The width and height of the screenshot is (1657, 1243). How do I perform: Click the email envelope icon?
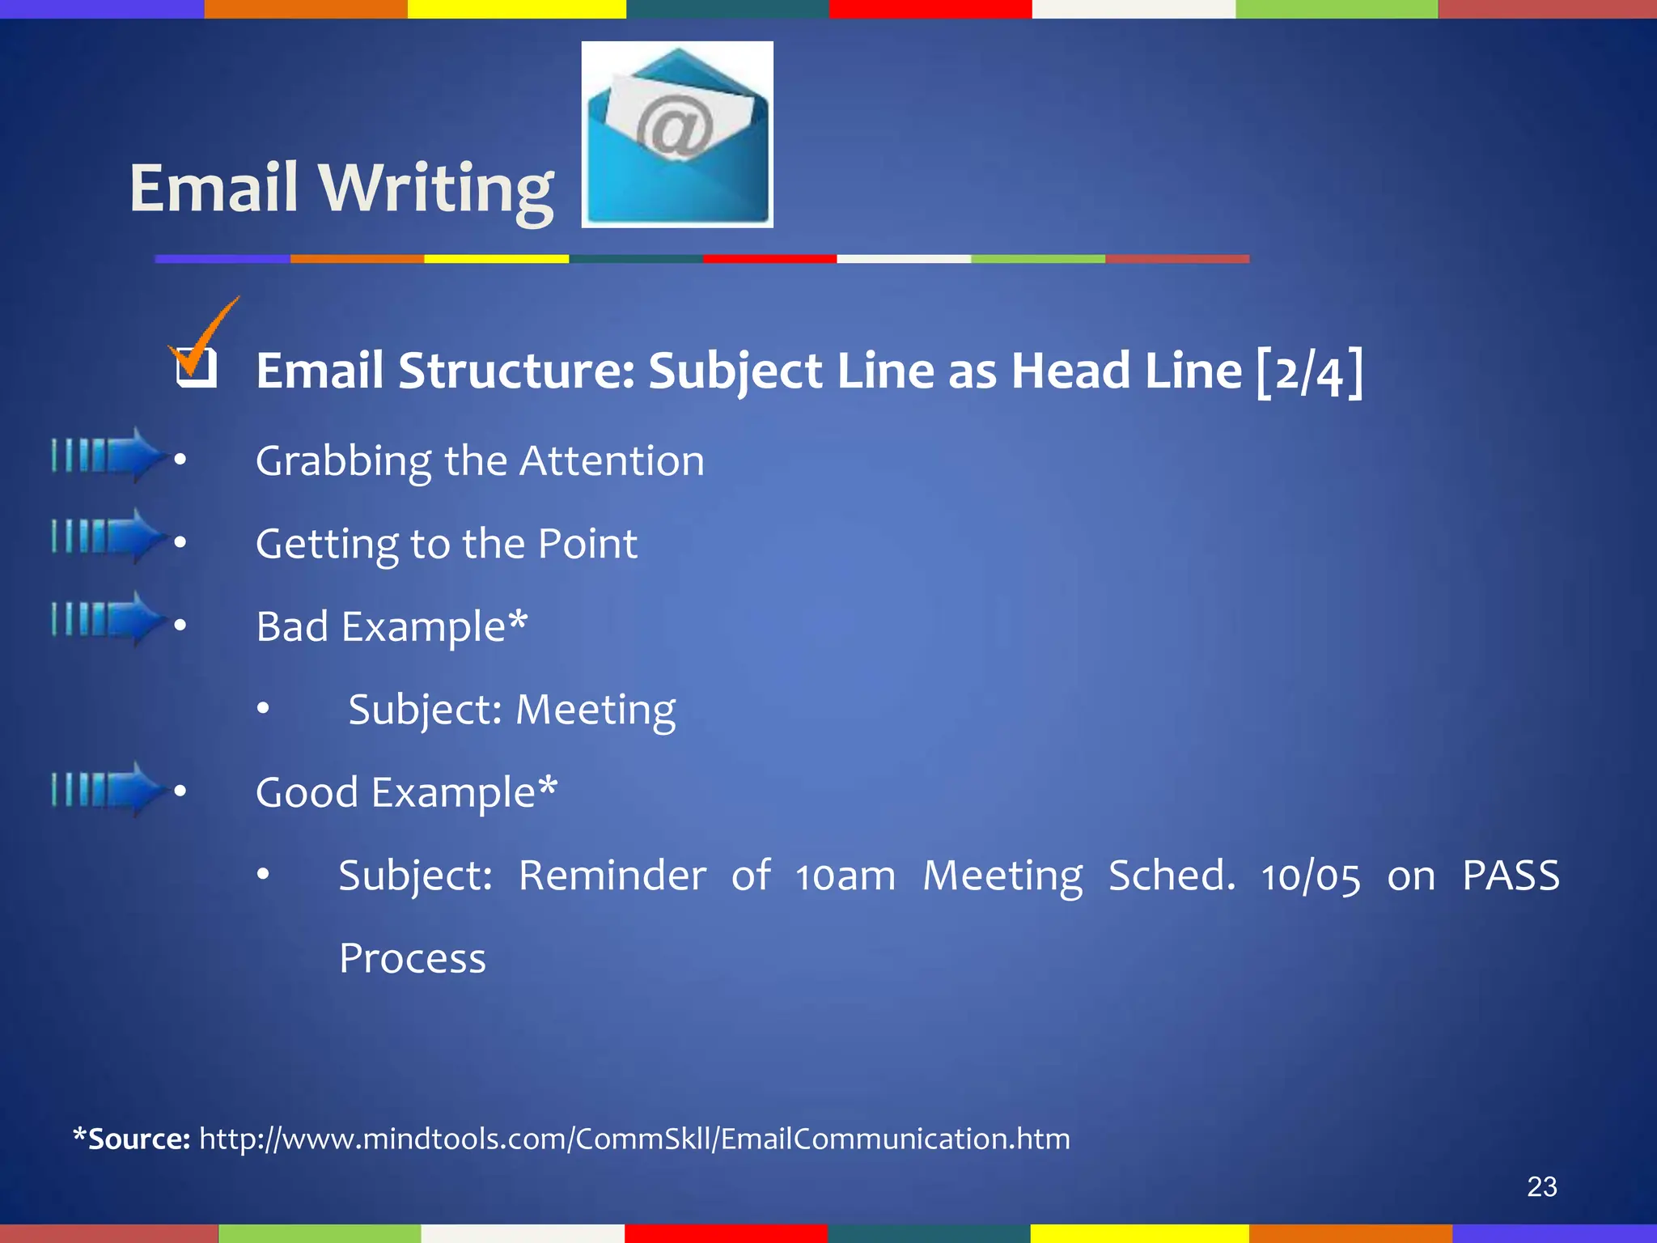[x=677, y=134]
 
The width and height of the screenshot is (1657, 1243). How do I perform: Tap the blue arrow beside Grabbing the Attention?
[x=109, y=455]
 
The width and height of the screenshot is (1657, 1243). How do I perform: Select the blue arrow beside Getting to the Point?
[x=109, y=536]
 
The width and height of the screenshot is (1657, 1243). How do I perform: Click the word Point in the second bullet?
[x=588, y=544]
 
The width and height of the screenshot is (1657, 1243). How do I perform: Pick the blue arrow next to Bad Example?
[x=109, y=619]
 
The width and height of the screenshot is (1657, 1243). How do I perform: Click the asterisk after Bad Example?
[x=518, y=621]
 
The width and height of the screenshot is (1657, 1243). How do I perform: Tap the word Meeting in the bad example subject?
[x=595, y=711]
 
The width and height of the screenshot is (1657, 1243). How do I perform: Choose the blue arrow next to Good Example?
[x=109, y=789]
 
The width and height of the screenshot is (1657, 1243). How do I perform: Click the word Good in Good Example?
[x=307, y=792]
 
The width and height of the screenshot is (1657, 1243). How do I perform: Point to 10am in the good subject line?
[x=845, y=876]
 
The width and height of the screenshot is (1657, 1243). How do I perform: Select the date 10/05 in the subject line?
[x=1311, y=877]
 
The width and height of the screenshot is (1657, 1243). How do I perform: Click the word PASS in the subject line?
[x=1511, y=876]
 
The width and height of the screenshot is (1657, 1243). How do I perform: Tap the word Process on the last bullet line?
[x=413, y=959]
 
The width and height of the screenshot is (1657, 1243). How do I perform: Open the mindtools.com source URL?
[x=634, y=1139]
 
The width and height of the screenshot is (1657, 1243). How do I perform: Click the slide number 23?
[x=1541, y=1187]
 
